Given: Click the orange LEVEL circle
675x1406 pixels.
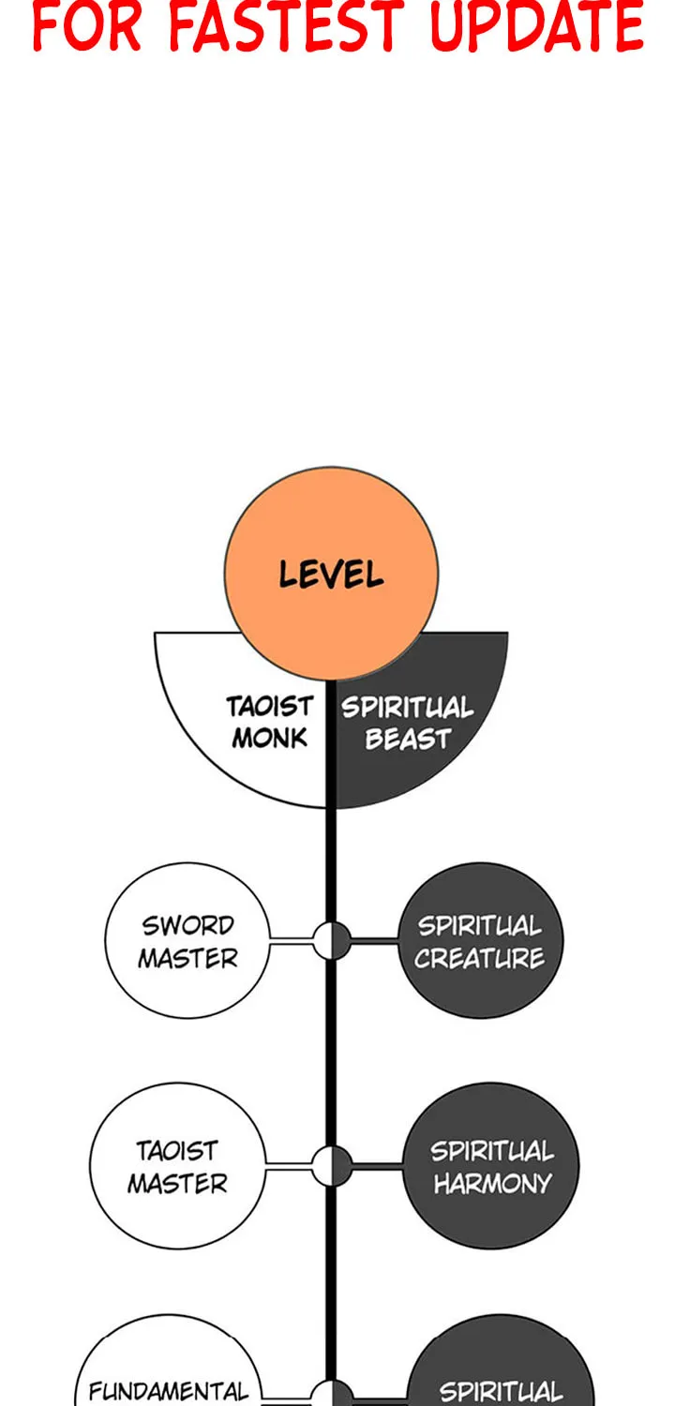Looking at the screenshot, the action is tap(332, 573).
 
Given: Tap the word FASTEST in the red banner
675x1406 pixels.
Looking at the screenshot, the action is tap(285, 26).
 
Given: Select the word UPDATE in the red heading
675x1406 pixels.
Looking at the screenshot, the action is tap(538, 26).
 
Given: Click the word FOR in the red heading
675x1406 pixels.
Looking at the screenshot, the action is tap(86, 26).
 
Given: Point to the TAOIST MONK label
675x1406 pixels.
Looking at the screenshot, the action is tap(270, 722).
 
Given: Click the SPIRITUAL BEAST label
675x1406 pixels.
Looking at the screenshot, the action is tap(408, 723).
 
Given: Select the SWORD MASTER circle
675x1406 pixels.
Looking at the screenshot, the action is tap(187, 940).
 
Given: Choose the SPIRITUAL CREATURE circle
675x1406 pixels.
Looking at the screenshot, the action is tap(480, 940).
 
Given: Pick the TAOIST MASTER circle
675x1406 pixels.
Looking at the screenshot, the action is tap(178, 1166).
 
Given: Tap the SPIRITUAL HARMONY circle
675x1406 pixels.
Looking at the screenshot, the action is tap(491, 1166).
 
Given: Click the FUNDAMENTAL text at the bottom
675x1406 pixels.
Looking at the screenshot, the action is tap(168, 1391).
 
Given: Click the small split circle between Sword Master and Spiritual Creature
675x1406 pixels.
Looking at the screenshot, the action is tap(332, 940).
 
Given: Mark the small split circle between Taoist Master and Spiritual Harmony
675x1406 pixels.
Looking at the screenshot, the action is tap(332, 1166).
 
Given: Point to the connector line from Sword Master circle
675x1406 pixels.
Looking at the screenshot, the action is tap(292, 940).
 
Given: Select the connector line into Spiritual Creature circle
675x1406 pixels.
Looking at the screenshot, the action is tap(375, 940).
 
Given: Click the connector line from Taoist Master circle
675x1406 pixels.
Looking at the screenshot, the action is tap(289, 1166).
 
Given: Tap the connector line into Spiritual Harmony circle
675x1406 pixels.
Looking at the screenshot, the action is tap(378, 1166).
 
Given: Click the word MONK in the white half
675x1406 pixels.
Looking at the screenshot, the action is tap(270, 738).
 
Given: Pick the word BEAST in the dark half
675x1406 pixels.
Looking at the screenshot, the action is tap(408, 739).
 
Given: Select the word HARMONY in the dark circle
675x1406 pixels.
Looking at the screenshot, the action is tap(492, 1184).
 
